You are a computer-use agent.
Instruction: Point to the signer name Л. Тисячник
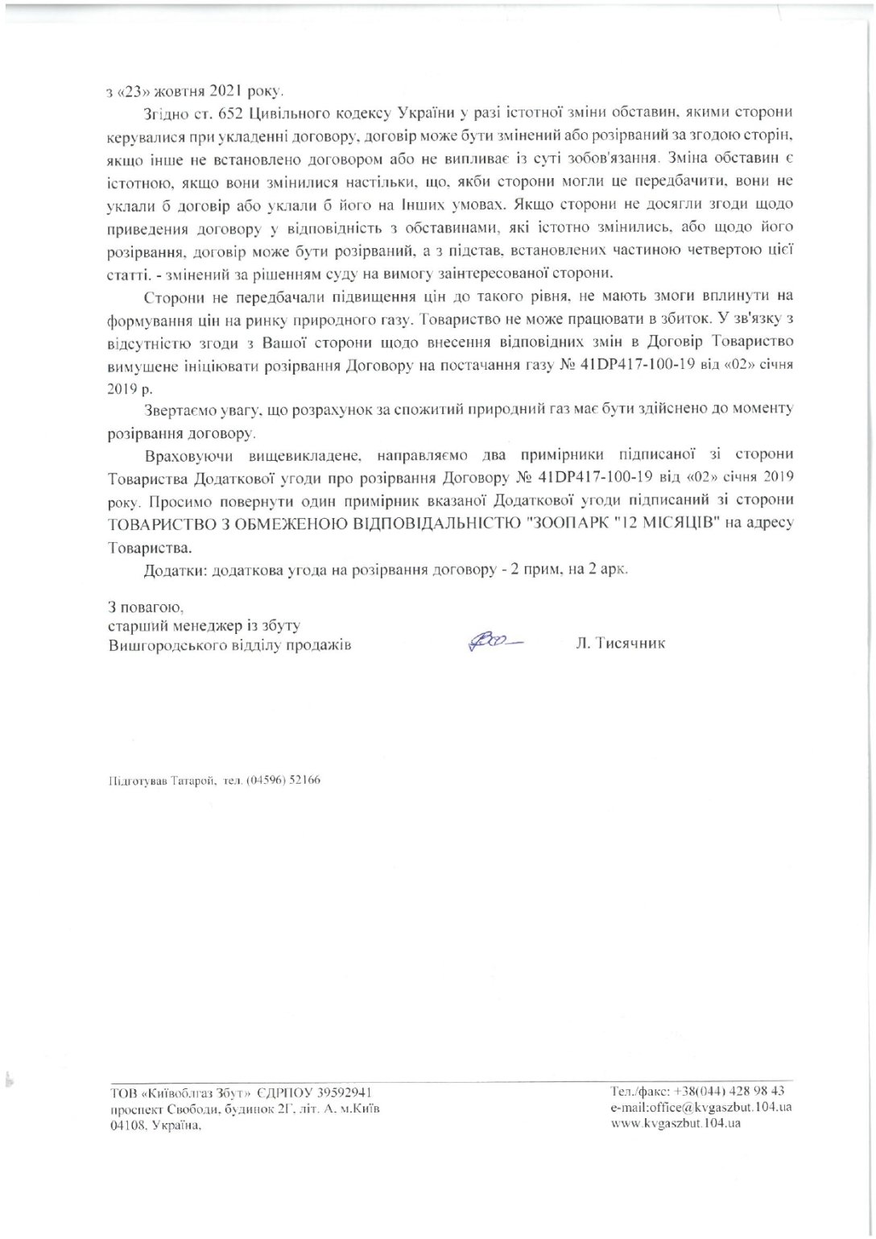coord(621,644)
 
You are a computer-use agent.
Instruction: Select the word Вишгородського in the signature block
coord(161,644)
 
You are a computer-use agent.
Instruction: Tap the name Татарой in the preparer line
coord(190,779)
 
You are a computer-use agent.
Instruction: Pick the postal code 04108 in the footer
coord(125,1125)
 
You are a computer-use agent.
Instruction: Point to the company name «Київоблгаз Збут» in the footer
coord(178,1092)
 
